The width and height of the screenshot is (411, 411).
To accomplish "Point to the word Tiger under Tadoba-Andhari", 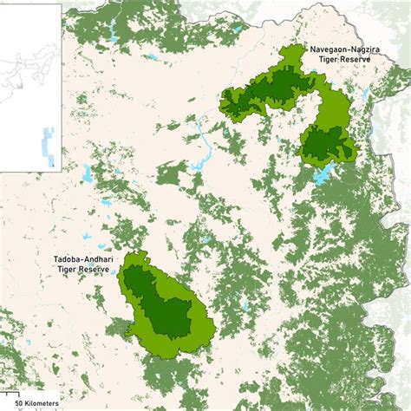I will tap(66, 270).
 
